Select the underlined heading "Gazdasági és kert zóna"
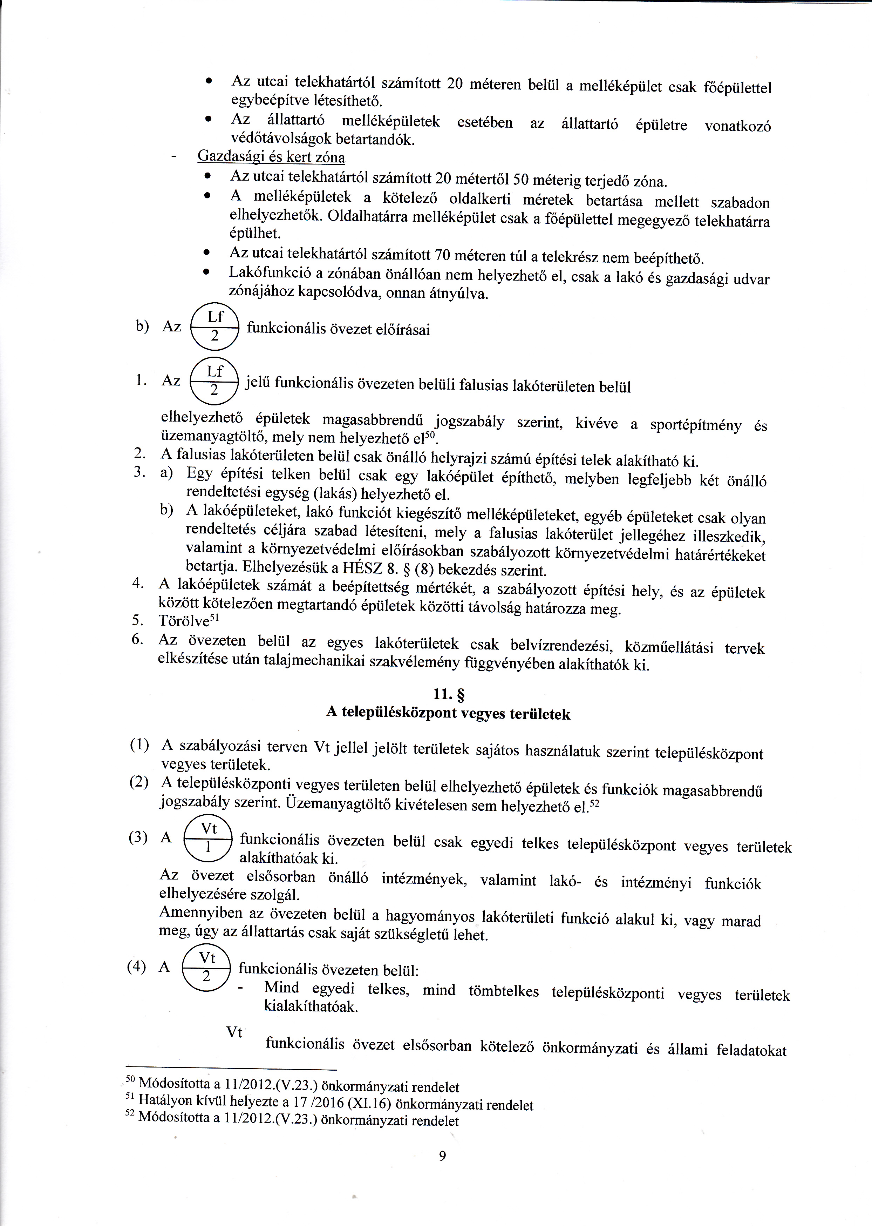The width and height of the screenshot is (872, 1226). (x=271, y=157)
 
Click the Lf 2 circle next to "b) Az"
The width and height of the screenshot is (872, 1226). (x=215, y=327)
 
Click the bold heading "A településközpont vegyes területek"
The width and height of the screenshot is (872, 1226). (x=448, y=713)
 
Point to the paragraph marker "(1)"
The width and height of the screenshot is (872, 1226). (x=139, y=745)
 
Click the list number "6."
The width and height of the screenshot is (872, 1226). (x=138, y=640)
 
